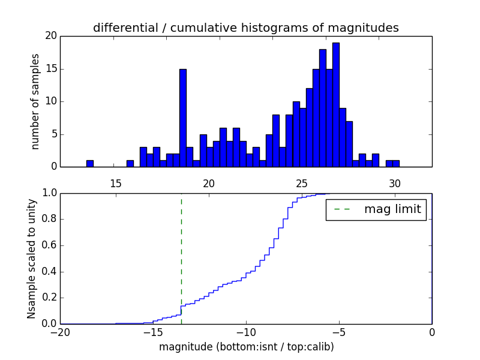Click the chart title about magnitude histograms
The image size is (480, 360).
(245, 28)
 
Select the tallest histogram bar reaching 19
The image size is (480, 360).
(336, 105)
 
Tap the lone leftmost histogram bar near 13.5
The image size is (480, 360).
(90, 163)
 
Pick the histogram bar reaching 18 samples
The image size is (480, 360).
(323, 108)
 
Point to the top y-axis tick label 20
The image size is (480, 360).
(50, 36)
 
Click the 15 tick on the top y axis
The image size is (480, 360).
(50, 69)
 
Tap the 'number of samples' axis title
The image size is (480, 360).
(35, 101)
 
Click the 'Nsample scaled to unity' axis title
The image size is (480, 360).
(32, 259)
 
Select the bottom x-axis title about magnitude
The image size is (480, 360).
(246, 347)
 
